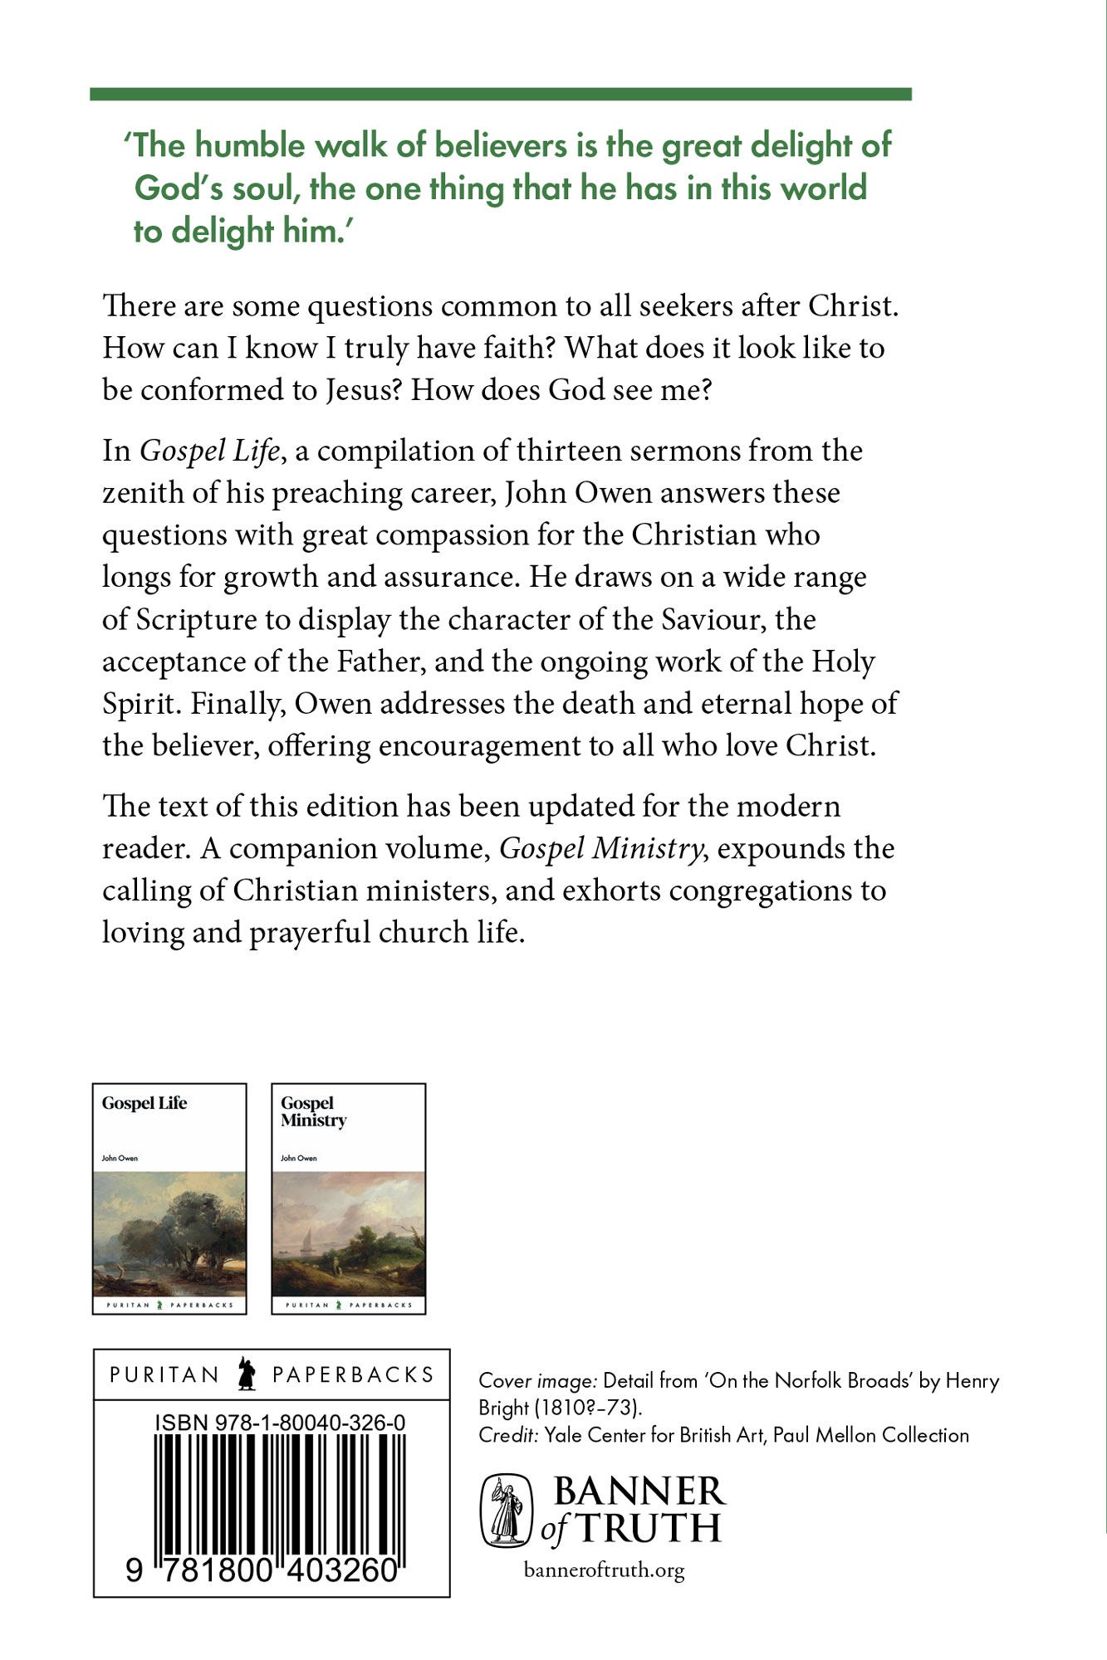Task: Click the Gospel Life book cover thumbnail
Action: point(169,1199)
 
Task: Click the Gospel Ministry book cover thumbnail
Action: point(349,1199)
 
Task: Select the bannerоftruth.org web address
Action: point(605,1570)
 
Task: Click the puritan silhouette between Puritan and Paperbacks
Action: point(247,1374)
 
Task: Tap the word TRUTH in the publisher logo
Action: point(649,1528)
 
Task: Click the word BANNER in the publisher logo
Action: point(639,1492)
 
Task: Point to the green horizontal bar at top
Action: point(500,95)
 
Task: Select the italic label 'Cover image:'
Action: point(537,1381)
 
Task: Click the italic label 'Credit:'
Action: point(507,1435)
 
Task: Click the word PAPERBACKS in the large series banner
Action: point(353,1374)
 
